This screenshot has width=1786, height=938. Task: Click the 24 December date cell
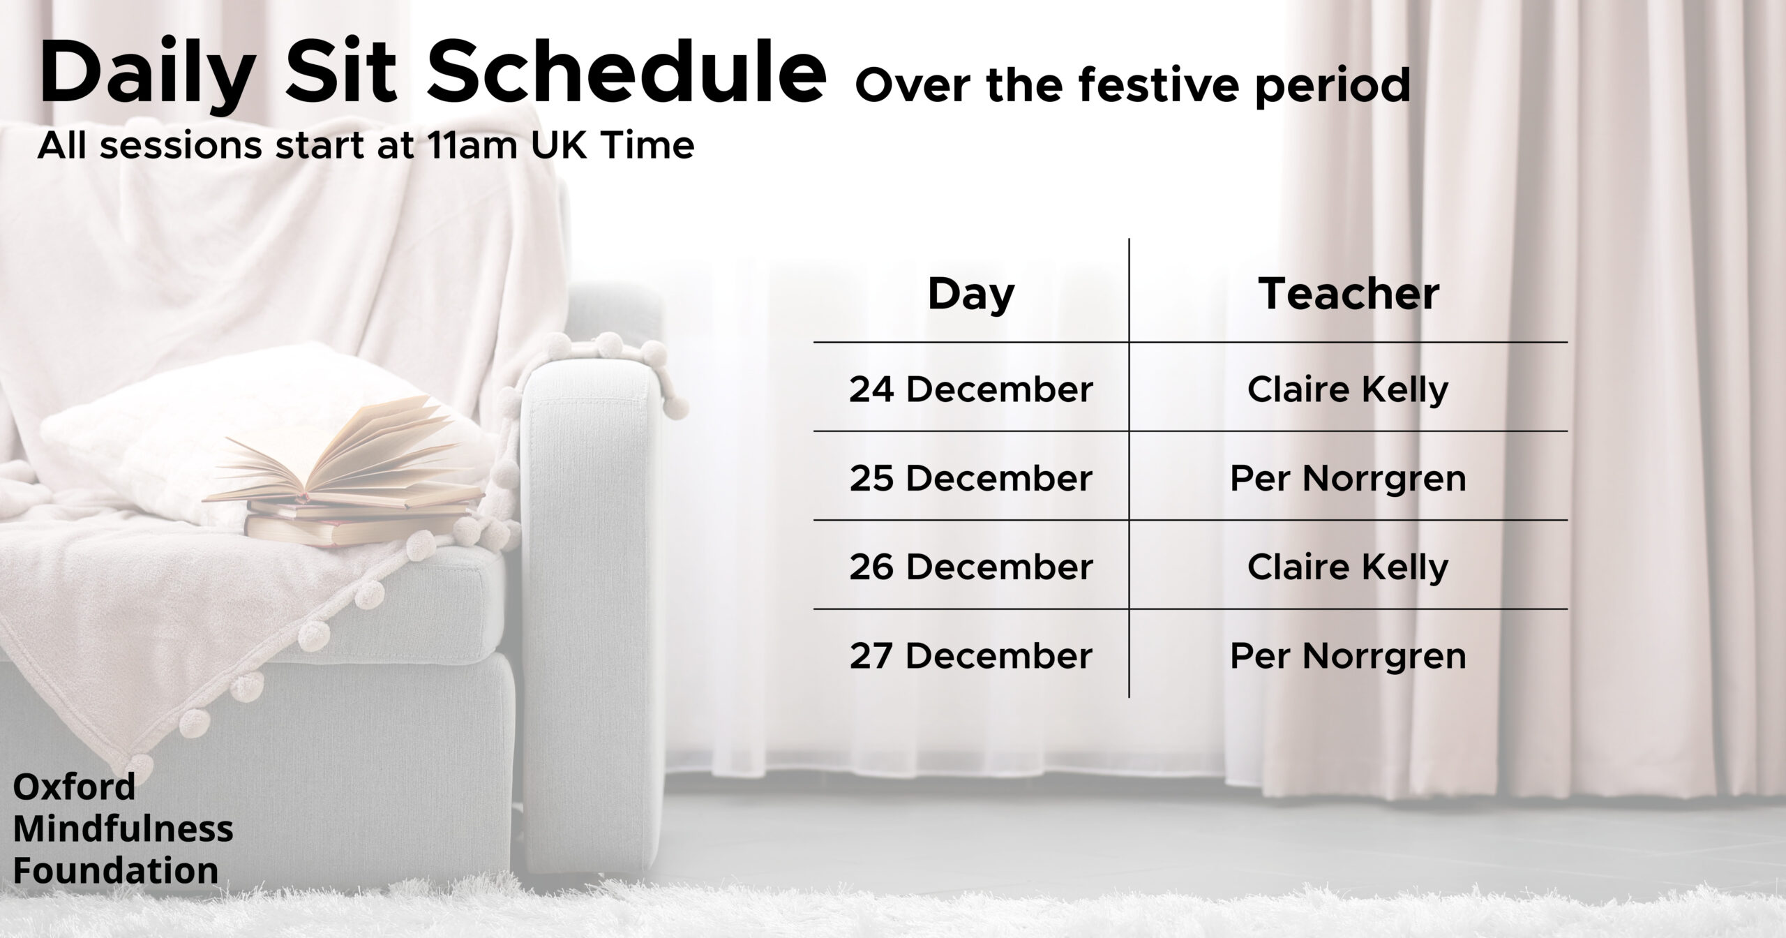pyautogui.click(x=970, y=389)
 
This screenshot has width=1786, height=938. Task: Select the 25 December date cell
pyautogui.click(x=970, y=479)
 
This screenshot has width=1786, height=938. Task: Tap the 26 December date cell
pyautogui.click(x=970, y=567)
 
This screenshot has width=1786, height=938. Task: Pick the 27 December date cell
pyautogui.click(x=970, y=656)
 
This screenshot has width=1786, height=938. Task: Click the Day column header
pyautogui.click(x=970, y=296)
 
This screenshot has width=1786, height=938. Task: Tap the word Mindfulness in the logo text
pyautogui.click(x=123, y=829)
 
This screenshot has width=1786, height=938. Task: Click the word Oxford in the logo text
pyautogui.click(x=74, y=787)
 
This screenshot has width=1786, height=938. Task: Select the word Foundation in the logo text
pyautogui.click(x=116, y=871)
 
